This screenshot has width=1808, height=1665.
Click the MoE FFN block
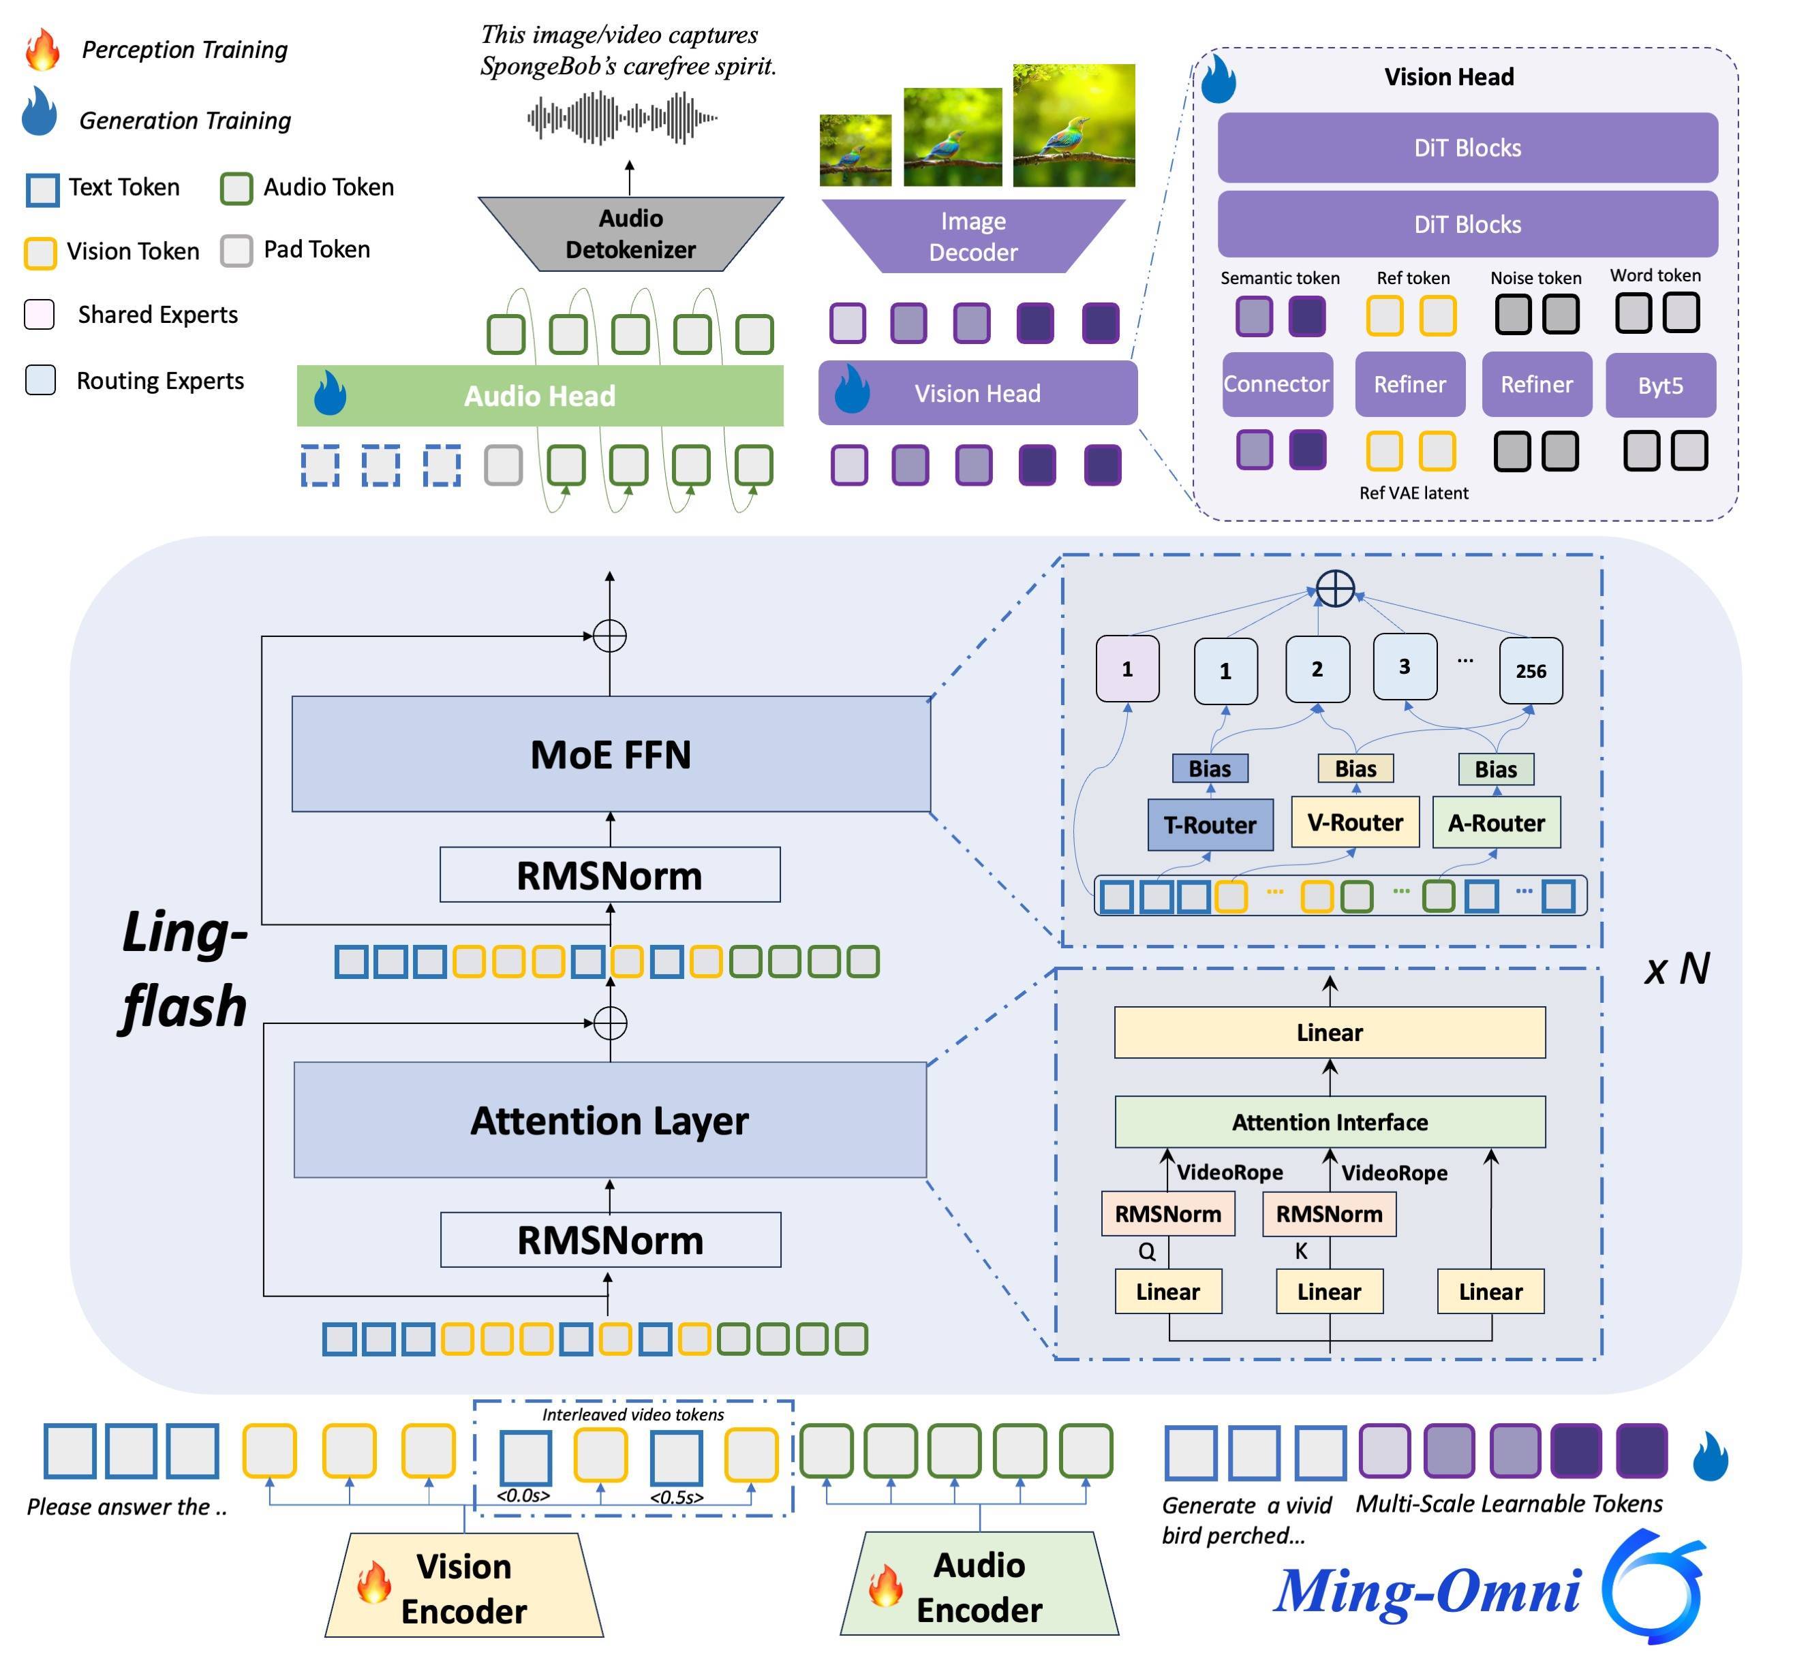pos(610,754)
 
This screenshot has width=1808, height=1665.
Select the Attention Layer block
pos(609,1120)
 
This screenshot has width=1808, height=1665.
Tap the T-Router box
pos(1210,824)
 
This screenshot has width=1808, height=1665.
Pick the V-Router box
pos(1355,822)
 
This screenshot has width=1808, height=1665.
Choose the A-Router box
pos(1496,822)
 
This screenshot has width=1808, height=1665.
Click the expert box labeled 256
pos(1531,670)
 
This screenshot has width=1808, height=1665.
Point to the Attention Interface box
pos(1330,1122)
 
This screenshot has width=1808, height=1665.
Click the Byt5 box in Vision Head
pos(1660,385)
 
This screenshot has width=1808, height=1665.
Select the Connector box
pos(1276,384)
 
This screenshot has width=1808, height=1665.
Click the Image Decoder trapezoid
pos(973,236)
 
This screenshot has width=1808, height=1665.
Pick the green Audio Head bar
pos(539,396)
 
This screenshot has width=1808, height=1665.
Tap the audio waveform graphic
pos(622,118)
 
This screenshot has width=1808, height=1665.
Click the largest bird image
pos(1073,125)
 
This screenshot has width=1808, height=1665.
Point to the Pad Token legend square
pos(236,251)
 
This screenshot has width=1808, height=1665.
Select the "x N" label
pos(1676,969)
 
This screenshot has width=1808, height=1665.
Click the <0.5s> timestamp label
pos(676,1497)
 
